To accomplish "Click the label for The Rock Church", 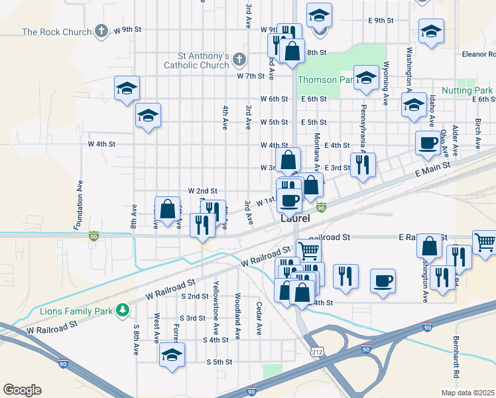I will click(56, 31).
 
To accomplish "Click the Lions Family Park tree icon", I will click(122, 310).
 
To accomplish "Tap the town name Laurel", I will click(296, 217).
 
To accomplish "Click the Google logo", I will click(22, 390).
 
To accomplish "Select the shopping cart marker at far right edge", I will click(485, 241).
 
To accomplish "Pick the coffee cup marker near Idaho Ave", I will click(427, 143).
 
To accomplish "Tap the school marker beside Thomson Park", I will click(365, 78).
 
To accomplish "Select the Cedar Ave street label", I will click(259, 320).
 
